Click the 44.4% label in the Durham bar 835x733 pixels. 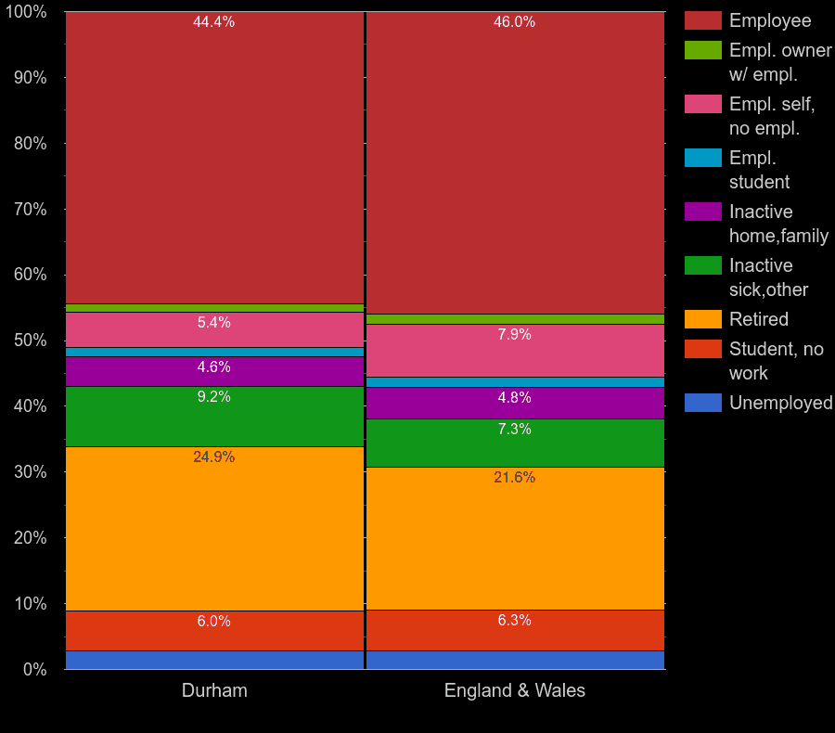[x=213, y=22]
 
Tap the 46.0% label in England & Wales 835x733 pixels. [x=514, y=22]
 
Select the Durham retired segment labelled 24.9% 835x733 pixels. [x=213, y=529]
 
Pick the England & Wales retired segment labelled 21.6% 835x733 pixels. [x=514, y=538]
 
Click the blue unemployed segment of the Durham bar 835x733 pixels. [x=213, y=660]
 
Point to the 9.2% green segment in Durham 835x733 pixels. [x=213, y=417]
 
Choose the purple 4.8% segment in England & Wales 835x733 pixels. [x=514, y=403]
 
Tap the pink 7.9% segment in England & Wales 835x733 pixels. [x=514, y=350]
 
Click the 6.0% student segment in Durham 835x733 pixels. [x=213, y=630]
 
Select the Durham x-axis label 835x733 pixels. [x=214, y=691]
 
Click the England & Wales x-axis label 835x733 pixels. [x=514, y=691]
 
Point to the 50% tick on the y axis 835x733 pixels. [x=32, y=341]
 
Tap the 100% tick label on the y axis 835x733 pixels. [x=27, y=12]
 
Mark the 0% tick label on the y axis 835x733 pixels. [x=35, y=669]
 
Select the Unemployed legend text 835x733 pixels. [x=780, y=403]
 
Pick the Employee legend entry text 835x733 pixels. [x=770, y=20]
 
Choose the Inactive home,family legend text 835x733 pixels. [x=778, y=224]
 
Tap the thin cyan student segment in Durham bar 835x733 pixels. [x=213, y=353]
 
